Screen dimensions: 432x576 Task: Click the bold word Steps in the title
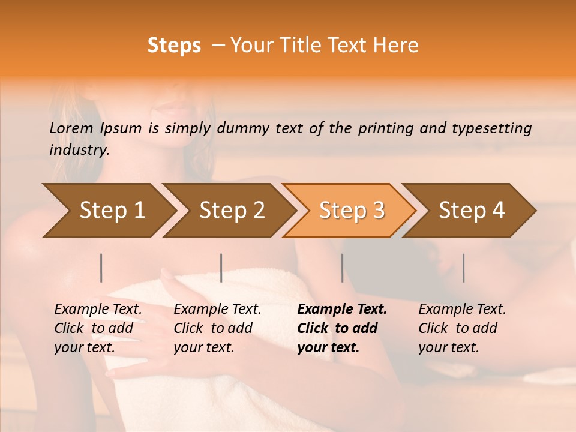(174, 46)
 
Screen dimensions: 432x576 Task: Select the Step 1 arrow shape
(108, 211)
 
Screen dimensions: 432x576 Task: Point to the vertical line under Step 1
(101, 268)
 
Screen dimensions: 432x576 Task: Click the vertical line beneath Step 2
(221, 268)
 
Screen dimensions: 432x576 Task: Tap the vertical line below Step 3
(342, 268)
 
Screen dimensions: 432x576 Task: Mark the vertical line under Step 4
(463, 268)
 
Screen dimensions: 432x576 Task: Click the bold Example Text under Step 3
(342, 310)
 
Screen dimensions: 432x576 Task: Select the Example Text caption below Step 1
(98, 310)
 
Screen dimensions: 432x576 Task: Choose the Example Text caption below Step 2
(217, 310)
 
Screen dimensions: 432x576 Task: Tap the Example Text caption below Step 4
(462, 310)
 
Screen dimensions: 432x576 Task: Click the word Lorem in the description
(71, 128)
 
